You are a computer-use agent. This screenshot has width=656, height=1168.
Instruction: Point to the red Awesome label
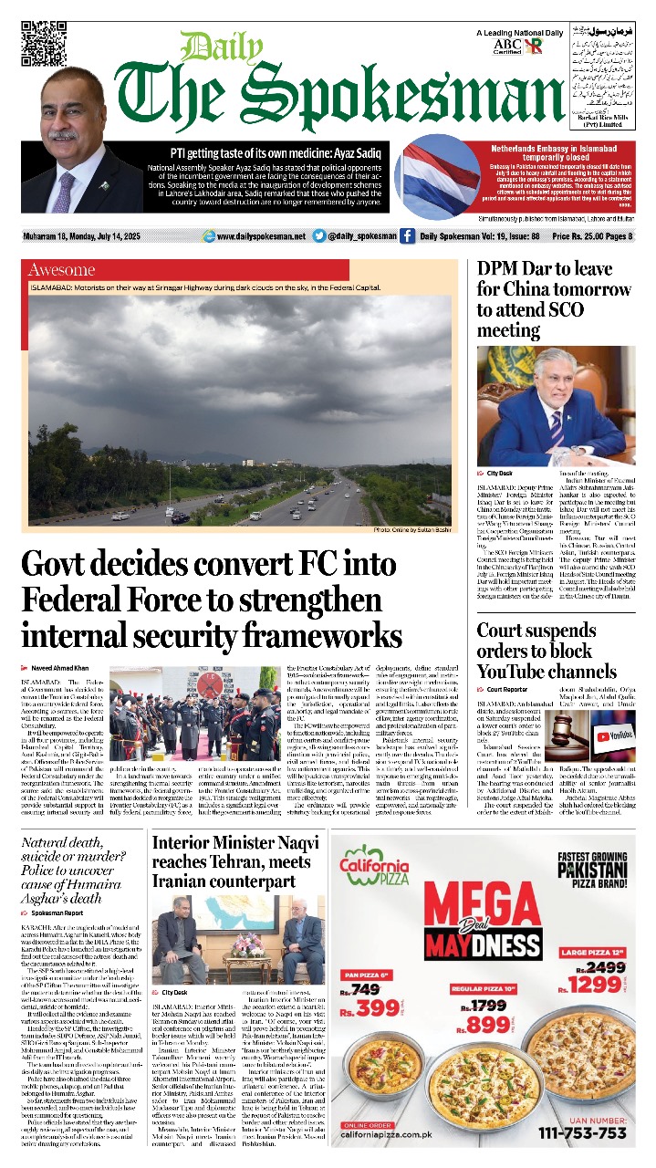point(62,269)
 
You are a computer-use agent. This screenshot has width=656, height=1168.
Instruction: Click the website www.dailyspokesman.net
point(261,236)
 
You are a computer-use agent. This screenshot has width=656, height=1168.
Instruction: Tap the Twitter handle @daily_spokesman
point(361,236)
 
